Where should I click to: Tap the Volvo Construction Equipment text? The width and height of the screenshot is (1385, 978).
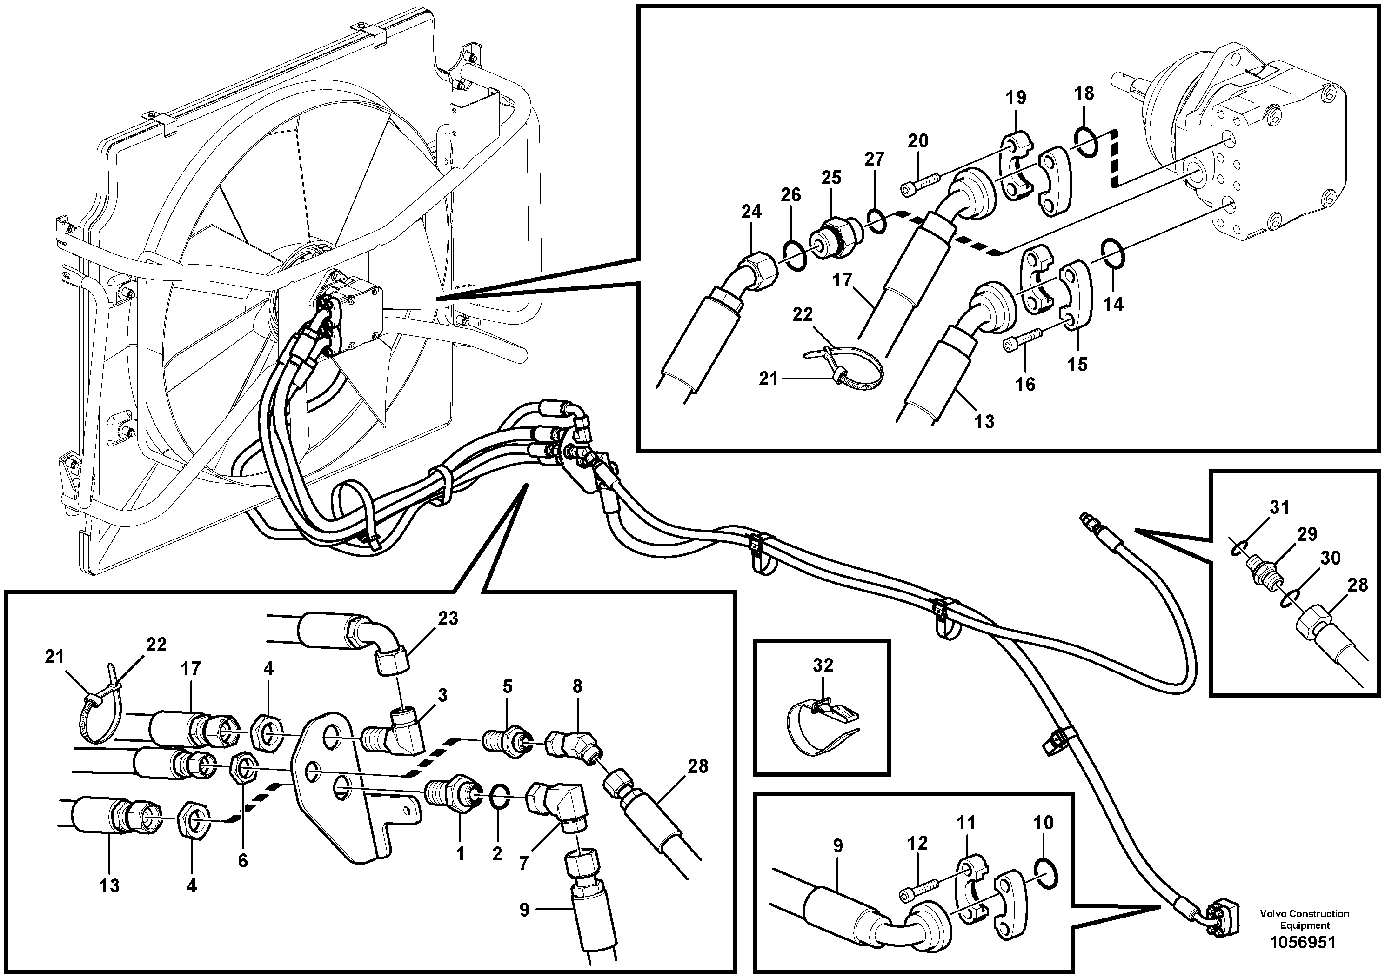1304,919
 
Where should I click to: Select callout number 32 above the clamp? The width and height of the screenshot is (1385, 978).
823,665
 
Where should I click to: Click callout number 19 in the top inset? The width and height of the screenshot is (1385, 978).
1016,97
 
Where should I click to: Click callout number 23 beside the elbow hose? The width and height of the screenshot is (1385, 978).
448,619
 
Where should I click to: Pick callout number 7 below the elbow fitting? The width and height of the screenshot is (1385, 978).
523,864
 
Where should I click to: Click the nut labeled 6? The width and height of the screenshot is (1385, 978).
244,769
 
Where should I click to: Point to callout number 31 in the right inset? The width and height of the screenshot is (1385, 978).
1279,508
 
